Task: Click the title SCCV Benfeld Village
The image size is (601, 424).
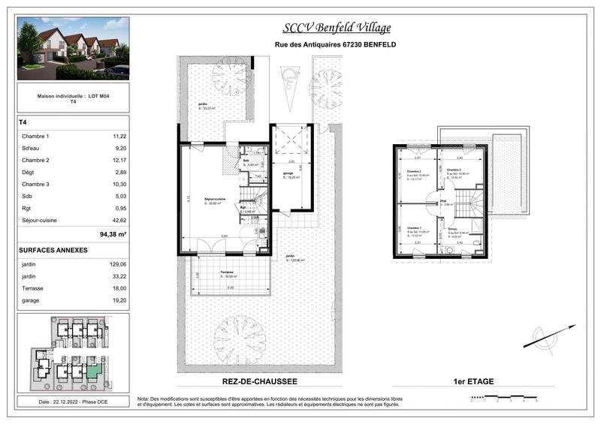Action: tap(336, 29)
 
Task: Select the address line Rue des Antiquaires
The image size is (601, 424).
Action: tap(336, 45)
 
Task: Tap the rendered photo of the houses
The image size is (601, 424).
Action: tap(73, 49)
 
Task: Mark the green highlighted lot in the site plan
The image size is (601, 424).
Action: tap(93, 370)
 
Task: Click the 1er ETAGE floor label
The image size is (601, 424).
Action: tap(473, 382)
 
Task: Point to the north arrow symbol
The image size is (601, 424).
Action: tap(550, 336)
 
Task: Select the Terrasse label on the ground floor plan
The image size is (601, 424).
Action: tap(227, 272)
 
